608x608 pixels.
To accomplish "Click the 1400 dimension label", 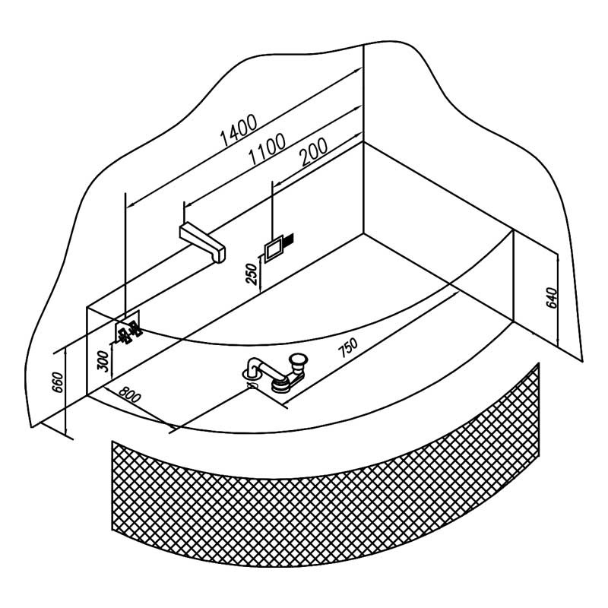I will (x=239, y=128).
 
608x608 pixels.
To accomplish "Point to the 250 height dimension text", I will (x=252, y=271).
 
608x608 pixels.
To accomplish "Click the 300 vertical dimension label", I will (x=104, y=359).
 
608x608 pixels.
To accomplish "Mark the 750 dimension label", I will (x=347, y=348).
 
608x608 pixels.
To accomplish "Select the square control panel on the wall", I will (x=273, y=248).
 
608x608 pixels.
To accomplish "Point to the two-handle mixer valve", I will (x=127, y=332).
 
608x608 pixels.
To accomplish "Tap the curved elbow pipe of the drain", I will (x=258, y=368).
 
